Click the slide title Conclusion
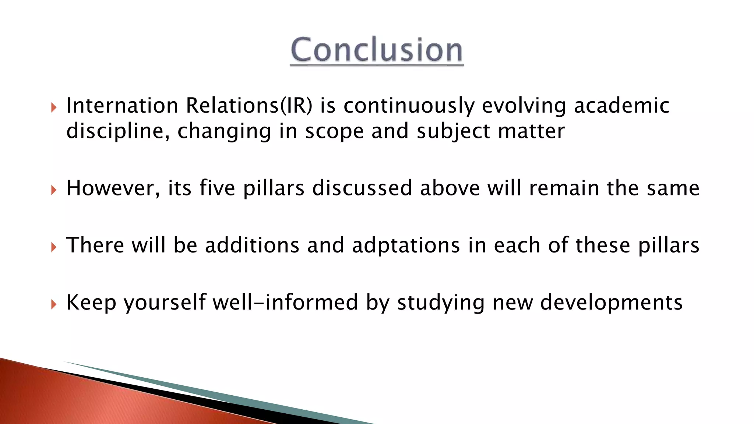377,50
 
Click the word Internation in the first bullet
122,106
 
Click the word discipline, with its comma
118,131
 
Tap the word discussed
362,188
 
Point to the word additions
252,245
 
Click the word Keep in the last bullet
91,303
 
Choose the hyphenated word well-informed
285,303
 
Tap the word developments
611,303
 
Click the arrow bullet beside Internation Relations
54,108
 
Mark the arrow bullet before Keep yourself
54,304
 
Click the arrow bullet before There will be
54,247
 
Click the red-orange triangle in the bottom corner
74,397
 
